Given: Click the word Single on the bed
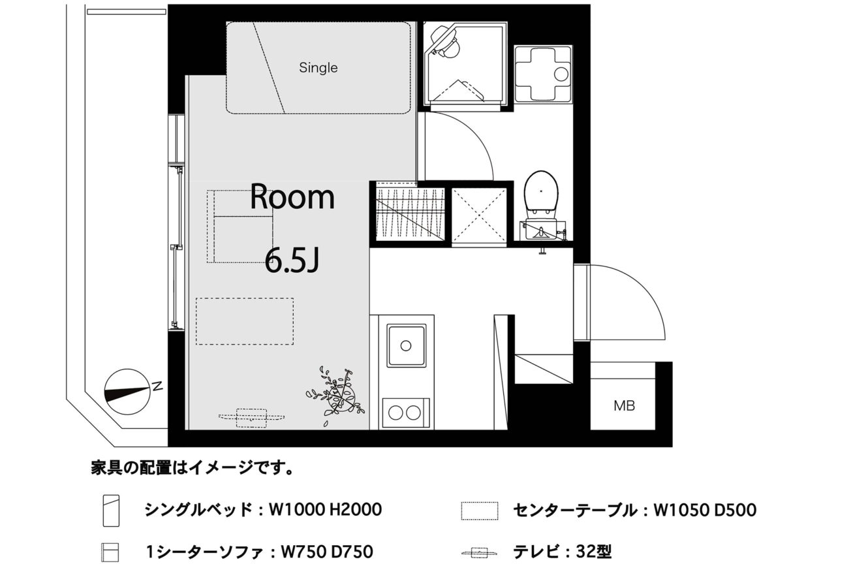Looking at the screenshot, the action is point(318,68).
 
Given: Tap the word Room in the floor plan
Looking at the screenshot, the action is point(292,197).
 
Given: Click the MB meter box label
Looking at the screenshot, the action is point(625,406).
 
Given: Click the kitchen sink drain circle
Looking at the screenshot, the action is point(406,345).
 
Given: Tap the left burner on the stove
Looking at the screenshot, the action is point(395,413).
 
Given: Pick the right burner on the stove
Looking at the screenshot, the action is point(414,413).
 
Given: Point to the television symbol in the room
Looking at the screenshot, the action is point(251,418).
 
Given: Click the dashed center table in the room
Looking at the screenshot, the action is point(245,321).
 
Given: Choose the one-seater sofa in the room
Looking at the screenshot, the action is point(240,227).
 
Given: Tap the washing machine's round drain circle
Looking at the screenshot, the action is point(561,74).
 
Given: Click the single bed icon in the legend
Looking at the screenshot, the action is point(111,510).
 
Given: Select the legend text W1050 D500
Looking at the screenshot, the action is point(705,510).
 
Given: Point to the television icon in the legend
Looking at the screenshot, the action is point(479,553).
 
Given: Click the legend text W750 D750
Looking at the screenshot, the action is point(327,552).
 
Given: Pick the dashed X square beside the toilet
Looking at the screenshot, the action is point(479,215).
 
